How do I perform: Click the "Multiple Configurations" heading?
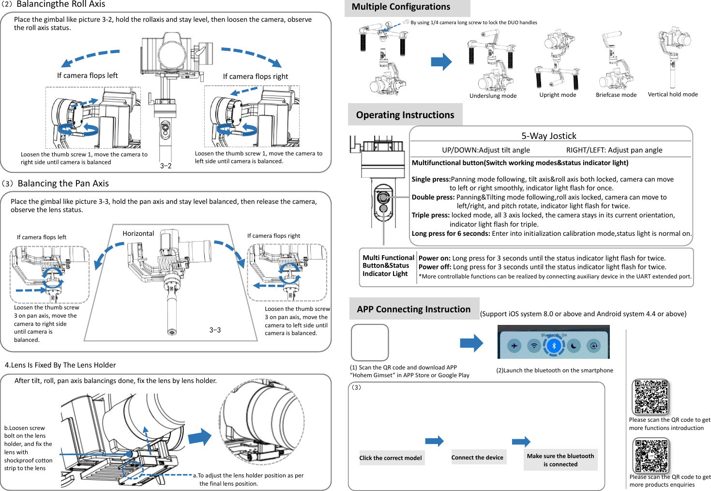pos(401,7)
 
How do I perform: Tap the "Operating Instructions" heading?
pos(405,115)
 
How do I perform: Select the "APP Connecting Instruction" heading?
pos(413,309)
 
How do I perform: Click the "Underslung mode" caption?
pos(493,96)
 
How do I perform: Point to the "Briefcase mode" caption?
pos(616,95)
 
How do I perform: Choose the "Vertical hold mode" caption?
pos(673,94)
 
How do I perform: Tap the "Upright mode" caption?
pos(558,95)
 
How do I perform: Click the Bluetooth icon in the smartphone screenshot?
pos(554,346)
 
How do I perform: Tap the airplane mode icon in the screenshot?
pos(514,346)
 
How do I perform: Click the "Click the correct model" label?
pos(391,458)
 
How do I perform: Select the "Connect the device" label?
pos(477,458)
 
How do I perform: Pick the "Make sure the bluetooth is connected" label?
pos(560,460)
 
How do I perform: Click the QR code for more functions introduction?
pos(651,397)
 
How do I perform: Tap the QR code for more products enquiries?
pos(651,455)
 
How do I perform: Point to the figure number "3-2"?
pos(166,166)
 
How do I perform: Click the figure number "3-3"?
pos(215,330)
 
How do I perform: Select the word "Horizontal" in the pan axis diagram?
pos(138,233)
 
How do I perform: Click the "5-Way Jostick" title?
pos(548,136)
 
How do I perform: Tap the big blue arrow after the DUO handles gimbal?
pos(441,61)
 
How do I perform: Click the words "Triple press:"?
pos(430,215)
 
